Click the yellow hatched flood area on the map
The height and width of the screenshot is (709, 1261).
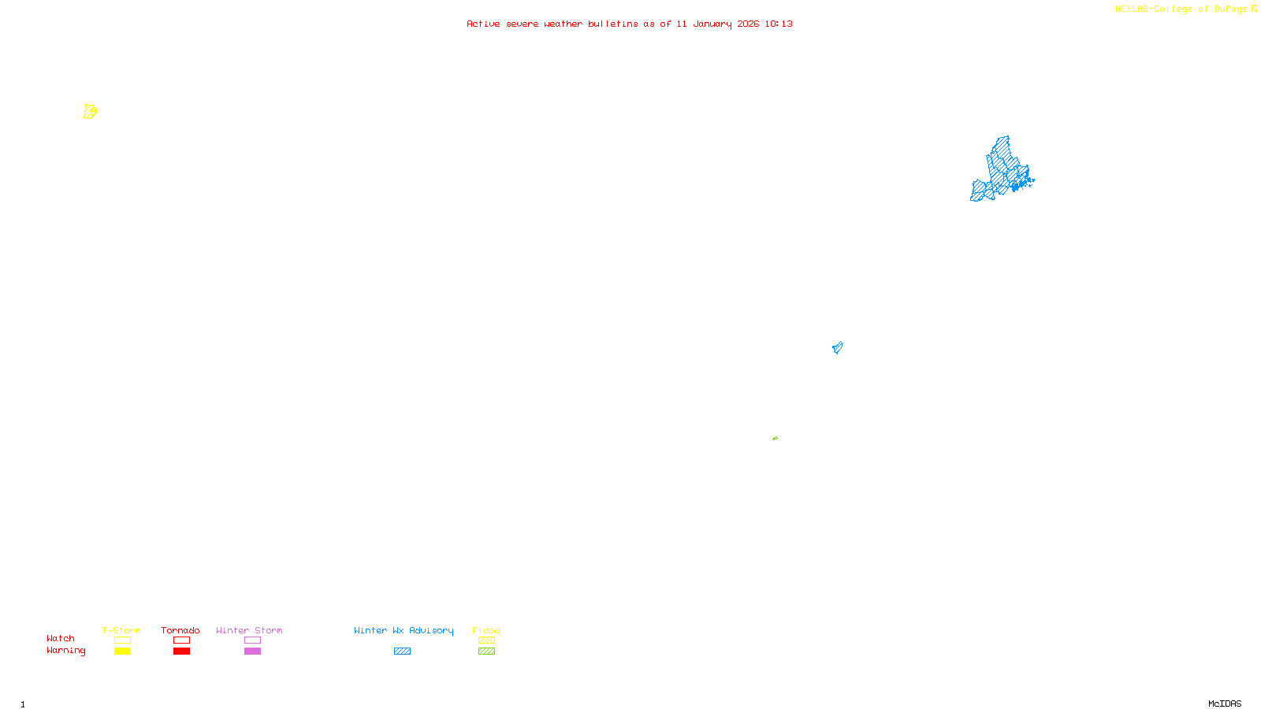point(91,112)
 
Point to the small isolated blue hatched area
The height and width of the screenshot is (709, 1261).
point(837,347)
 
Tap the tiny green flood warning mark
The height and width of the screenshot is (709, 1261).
point(775,438)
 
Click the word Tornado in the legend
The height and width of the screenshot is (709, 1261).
point(180,630)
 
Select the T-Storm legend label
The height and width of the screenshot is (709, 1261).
point(121,630)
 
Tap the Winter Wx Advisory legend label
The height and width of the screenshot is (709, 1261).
point(404,630)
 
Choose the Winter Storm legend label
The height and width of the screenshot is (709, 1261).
point(249,630)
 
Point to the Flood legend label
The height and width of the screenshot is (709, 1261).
point(486,630)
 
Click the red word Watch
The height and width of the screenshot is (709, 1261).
point(61,638)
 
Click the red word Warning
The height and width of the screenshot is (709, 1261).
point(66,651)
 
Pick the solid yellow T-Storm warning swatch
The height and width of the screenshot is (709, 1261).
point(122,651)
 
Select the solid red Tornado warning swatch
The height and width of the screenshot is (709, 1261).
point(181,651)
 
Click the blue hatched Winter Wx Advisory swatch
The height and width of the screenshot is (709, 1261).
point(402,651)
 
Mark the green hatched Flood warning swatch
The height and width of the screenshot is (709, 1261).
point(486,651)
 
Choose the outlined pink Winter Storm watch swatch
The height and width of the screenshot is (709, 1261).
point(252,640)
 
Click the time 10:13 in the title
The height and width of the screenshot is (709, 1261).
point(779,24)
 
